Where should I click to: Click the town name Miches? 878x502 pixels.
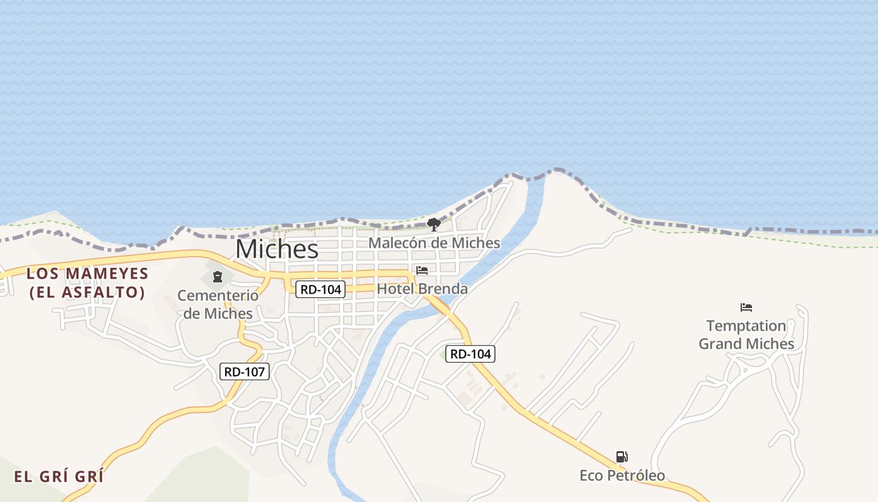[x=277, y=249]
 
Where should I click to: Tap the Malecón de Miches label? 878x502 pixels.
[x=434, y=243]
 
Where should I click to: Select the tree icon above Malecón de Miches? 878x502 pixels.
[x=433, y=224]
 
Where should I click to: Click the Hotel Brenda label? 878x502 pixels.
[x=422, y=289]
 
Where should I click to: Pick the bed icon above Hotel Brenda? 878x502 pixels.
[x=422, y=270]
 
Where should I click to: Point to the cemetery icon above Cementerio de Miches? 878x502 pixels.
[x=218, y=277]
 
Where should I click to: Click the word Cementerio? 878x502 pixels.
[x=218, y=296]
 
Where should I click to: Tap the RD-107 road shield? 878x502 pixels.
[x=245, y=371]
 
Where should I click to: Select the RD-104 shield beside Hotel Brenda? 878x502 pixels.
[x=320, y=289]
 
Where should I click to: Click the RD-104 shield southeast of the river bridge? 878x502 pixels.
[x=470, y=354]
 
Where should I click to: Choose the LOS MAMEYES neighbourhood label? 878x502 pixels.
[x=87, y=274]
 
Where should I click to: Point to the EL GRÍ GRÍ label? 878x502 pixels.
[x=59, y=476]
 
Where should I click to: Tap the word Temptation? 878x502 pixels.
[x=746, y=326]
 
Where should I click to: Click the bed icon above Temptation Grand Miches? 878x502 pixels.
[x=746, y=307]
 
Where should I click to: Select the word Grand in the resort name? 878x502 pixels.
[x=721, y=344]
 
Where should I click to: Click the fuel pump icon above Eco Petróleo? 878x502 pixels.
[x=621, y=457]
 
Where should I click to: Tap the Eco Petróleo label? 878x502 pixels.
[x=622, y=476]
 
